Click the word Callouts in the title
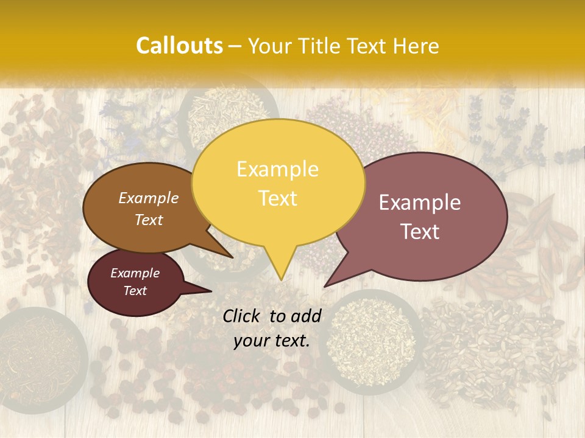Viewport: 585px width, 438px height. (x=179, y=46)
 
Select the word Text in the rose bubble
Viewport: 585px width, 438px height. (x=420, y=231)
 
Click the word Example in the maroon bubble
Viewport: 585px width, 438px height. (x=135, y=273)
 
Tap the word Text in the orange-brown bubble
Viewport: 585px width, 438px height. (x=149, y=220)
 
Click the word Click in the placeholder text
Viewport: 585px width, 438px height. (x=242, y=316)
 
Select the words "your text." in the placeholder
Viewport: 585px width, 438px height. (x=272, y=341)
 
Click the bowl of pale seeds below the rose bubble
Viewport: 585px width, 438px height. (x=372, y=341)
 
